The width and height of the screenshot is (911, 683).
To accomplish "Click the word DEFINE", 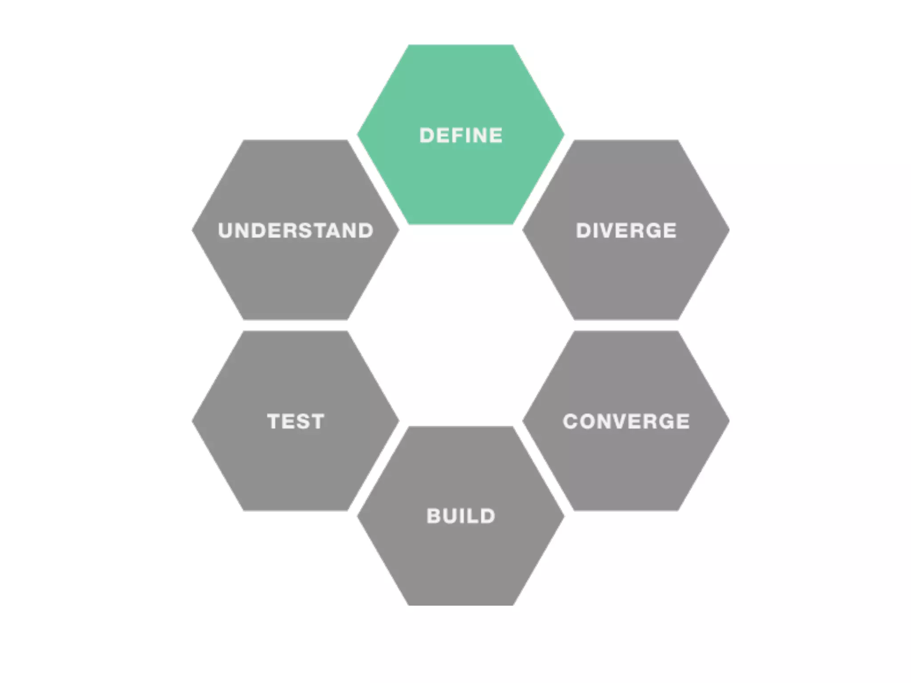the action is (x=461, y=136).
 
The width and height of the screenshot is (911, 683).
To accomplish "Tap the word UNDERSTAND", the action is (x=295, y=231).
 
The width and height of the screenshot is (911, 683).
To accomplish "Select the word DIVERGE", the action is (x=626, y=231).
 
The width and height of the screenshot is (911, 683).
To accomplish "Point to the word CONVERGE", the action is (x=626, y=422).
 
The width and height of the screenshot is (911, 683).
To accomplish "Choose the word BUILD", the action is (x=461, y=516).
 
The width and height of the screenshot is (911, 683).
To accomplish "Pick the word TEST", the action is (x=295, y=422).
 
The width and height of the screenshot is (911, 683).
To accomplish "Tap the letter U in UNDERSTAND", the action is (x=226, y=231).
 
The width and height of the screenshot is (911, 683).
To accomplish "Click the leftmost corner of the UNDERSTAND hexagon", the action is (x=193, y=230).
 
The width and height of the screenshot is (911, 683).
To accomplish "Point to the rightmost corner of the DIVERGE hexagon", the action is (x=729, y=230).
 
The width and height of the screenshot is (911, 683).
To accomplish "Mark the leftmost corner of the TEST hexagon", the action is (x=193, y=421).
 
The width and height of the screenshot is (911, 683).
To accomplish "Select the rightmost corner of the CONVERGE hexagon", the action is (x=729, y=421).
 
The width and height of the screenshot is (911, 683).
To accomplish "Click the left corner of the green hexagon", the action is (x=359, y=134).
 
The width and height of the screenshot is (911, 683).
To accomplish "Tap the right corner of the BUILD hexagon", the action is (x=563, y=516).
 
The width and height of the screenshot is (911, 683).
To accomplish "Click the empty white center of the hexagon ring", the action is (x=461, y=325).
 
